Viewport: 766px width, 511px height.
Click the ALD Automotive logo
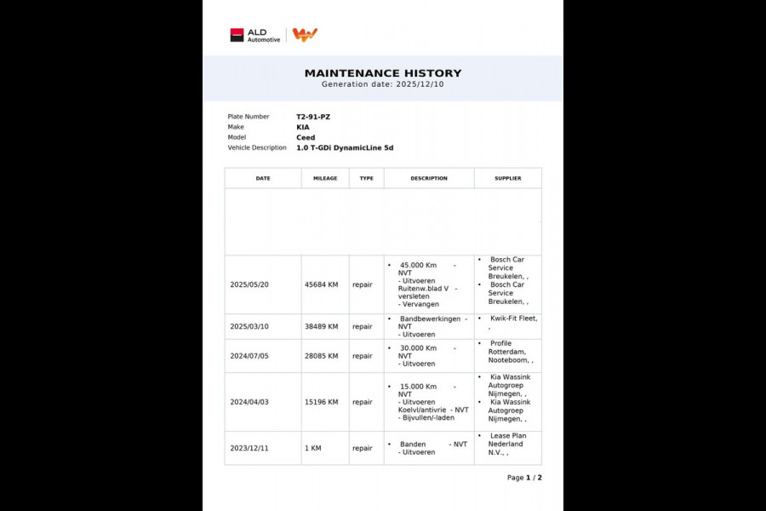pyautogui.click(x=254, y=35)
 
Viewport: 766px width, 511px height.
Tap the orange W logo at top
pyautogui.click(x=305, y=34)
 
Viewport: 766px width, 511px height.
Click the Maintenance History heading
pyautogui.click(x=383, y=73)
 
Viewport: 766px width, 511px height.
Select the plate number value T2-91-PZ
pyautogui.click(x=313, y=117)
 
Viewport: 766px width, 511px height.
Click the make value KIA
pyautogui.click(x=304, y=127)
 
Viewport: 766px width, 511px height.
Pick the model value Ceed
pyautogui.click(x=306, y=137)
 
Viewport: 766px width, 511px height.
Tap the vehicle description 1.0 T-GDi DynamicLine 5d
pyautogui.click(x=345, y=148)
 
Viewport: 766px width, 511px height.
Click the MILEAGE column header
pyautogui.click(x=325, y=179)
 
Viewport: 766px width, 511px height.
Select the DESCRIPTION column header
pyautogui.click(x=429, y=179)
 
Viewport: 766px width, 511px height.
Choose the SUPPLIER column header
pyautogui.click(x=508, y=179)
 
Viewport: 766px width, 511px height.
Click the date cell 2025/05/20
pyautogui.click(x=250, y=284)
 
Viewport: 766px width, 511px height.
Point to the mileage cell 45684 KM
pyautogui.click(x=321, y=284)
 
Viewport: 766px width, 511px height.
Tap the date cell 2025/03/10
pyautogui.click(x=250, y=326)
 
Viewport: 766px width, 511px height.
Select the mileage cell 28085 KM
pyautogui.click(x=321, y=356)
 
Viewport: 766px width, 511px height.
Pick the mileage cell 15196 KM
pyautogui.click(x=321, y=402)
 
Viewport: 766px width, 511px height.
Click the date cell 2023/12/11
pyautogui.click(x=250, y=448)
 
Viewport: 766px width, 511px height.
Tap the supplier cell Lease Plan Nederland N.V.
pyautogui.click(x=506, y=444)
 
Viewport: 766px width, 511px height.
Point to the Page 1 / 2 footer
pyautogui.click(x=524, y=478)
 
